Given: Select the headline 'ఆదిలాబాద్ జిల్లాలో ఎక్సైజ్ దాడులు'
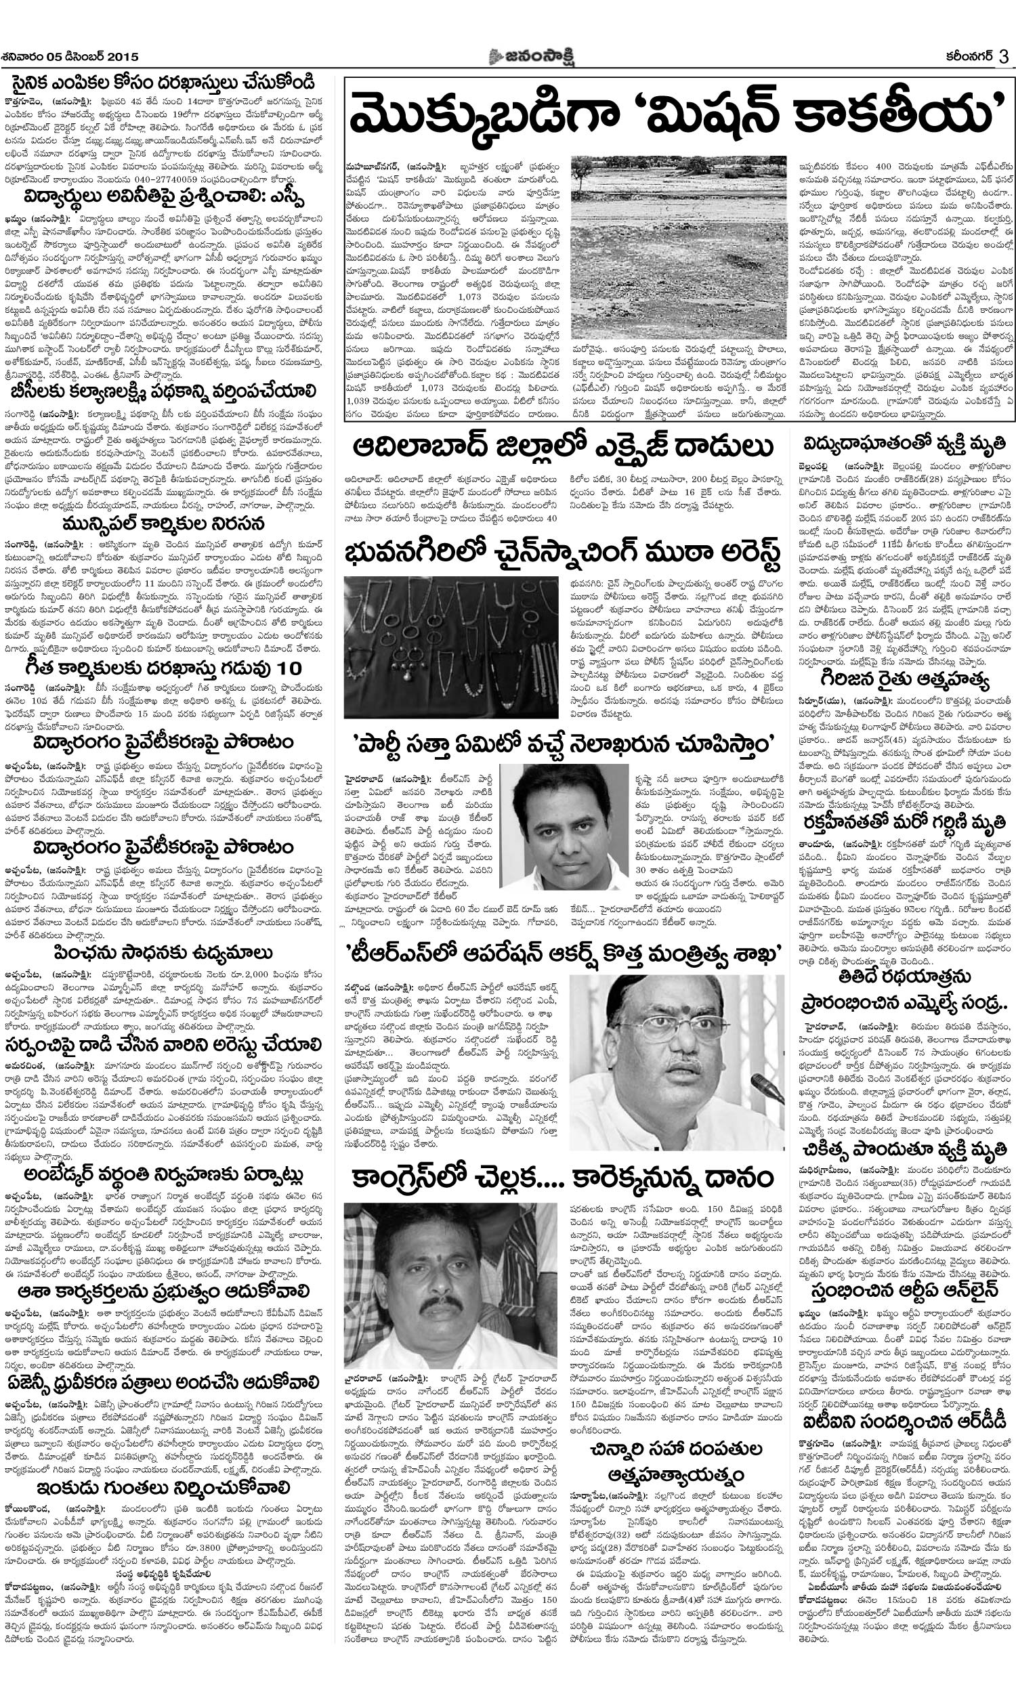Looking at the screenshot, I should tap(564, 448).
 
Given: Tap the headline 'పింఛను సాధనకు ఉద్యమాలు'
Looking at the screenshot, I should tap(163, 954).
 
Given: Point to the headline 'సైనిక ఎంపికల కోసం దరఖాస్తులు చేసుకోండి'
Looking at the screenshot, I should tap(163, 83).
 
